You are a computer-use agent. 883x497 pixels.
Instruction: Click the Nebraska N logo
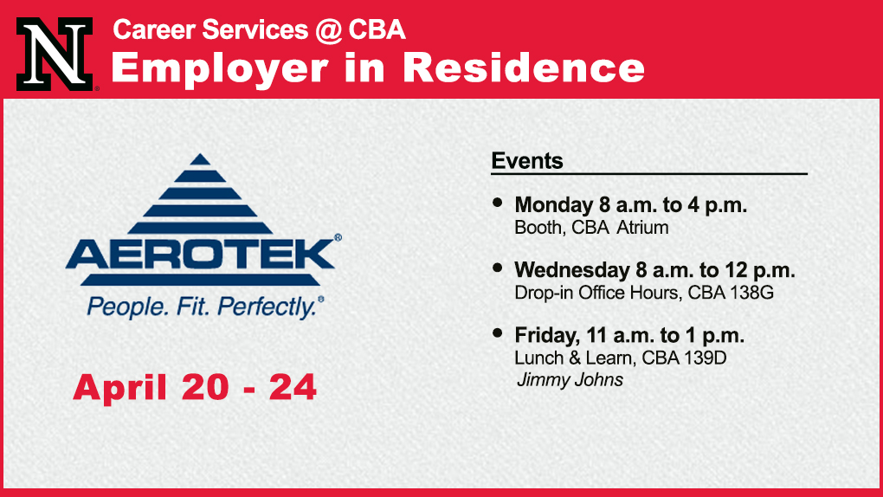pos(55,54)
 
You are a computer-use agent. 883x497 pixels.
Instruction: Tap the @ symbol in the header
pos(328,30)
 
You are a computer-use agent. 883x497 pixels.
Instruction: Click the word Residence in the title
pos(524,68)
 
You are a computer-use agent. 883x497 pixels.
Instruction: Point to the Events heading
pos(527,161)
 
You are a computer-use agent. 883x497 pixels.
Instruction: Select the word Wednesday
pos(572,270)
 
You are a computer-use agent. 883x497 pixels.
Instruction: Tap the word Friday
pos(546,336)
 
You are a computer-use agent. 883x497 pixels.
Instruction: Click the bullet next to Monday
pos(497,203)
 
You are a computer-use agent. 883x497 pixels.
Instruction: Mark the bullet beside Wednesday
pos(497,268)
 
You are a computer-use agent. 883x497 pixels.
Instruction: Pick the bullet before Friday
pos(497,333)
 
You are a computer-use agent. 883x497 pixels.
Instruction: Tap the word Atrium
pos(642,228)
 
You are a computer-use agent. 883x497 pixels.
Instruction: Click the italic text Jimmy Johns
pos(570,380)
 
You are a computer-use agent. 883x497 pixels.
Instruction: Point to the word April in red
pos(120,388)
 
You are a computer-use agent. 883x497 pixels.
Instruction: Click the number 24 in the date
pos(293,388)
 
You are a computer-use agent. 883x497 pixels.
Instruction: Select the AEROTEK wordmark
pos(201,255)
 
